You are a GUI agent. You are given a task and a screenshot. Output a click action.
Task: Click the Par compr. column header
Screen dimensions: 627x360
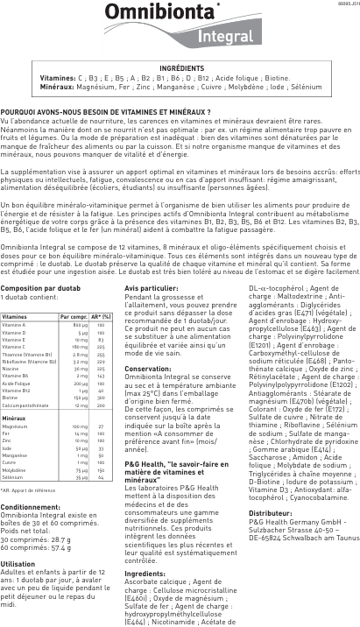click(x=74, y=316)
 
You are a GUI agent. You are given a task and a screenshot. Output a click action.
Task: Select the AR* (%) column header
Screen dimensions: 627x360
click(x=102, y=316)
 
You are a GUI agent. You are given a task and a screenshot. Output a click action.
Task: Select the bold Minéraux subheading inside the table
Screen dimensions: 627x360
click(x=14, y=394)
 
